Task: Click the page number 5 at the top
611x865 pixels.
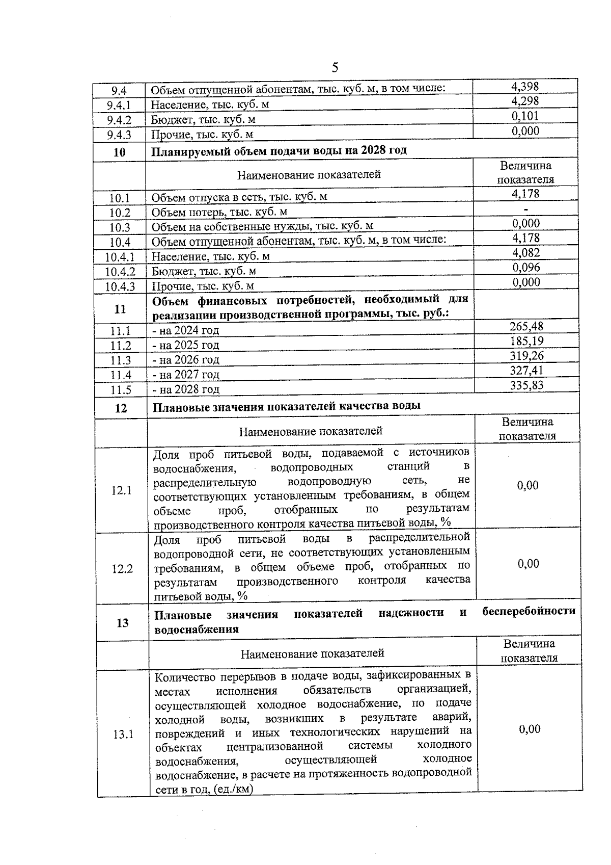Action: click(335, 67)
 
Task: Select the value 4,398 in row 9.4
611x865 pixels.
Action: click(525, 87)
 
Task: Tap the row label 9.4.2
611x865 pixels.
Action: click(119, 120)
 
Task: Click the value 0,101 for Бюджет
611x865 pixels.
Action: click(525, 116)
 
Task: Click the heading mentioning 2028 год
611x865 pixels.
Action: click(279, 151)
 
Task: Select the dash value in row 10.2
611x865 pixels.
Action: click(526, 209)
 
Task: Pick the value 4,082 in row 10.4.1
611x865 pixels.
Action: click(526, 253)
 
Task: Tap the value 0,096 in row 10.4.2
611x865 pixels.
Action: click(526, 268)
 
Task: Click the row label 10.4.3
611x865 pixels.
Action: click(120, 286)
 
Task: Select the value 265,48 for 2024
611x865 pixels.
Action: click(526, 326)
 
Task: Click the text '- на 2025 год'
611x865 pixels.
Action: click(186, 345)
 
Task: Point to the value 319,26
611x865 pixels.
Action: click(526, 356)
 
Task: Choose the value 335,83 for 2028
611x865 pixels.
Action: click(526, 385)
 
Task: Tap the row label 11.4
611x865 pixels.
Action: click(121, 375)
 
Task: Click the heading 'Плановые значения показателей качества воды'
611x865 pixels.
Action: click(287, 406)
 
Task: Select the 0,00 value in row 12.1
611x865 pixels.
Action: click(527, 485)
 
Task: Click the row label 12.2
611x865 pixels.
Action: click(122, 569)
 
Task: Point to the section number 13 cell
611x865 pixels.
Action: click(123, 622)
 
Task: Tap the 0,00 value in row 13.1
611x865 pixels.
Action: click(530, 729)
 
